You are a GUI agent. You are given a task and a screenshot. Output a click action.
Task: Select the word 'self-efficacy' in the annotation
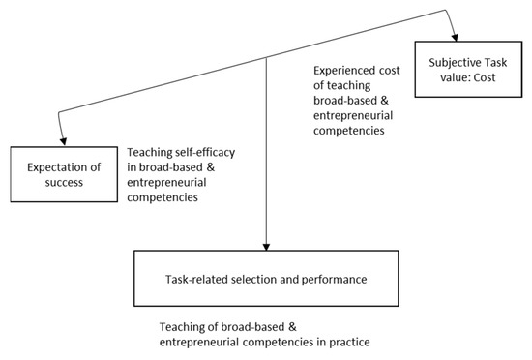click(212, 153)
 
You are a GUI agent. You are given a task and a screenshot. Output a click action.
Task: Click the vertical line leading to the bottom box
click(265, 165)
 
